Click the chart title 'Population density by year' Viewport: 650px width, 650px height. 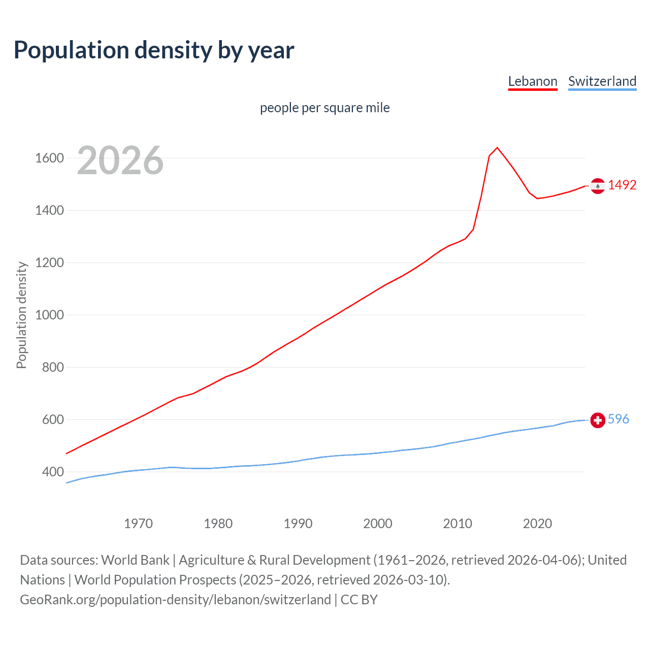pos(154,50)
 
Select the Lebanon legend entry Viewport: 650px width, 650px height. pos(533,81)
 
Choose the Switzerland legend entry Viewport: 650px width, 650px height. pos(602,81)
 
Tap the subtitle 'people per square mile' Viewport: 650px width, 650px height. pos(324,108)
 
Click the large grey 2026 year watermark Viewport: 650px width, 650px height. pos(120,160)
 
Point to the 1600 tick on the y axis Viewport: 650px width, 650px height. pos(49,158)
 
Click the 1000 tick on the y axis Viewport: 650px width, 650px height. pos(49,315)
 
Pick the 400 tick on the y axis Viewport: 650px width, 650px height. pos(53,472)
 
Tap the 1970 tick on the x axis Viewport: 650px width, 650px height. pos(138,524)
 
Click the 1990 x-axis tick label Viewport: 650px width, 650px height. pos(298,524)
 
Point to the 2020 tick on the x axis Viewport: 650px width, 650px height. pos(537,524)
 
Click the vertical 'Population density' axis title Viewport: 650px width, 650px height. pos(21,315)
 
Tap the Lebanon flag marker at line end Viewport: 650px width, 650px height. pos(598,186)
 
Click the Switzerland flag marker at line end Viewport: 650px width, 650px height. pos(598,420)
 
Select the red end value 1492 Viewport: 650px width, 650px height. pos(622,185)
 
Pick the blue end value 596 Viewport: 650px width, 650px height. pos(618,419)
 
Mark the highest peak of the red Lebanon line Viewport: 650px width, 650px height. pos(497,147)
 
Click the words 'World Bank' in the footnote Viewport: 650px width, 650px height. pos(135,560)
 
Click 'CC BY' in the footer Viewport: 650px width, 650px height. pos(359,600)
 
